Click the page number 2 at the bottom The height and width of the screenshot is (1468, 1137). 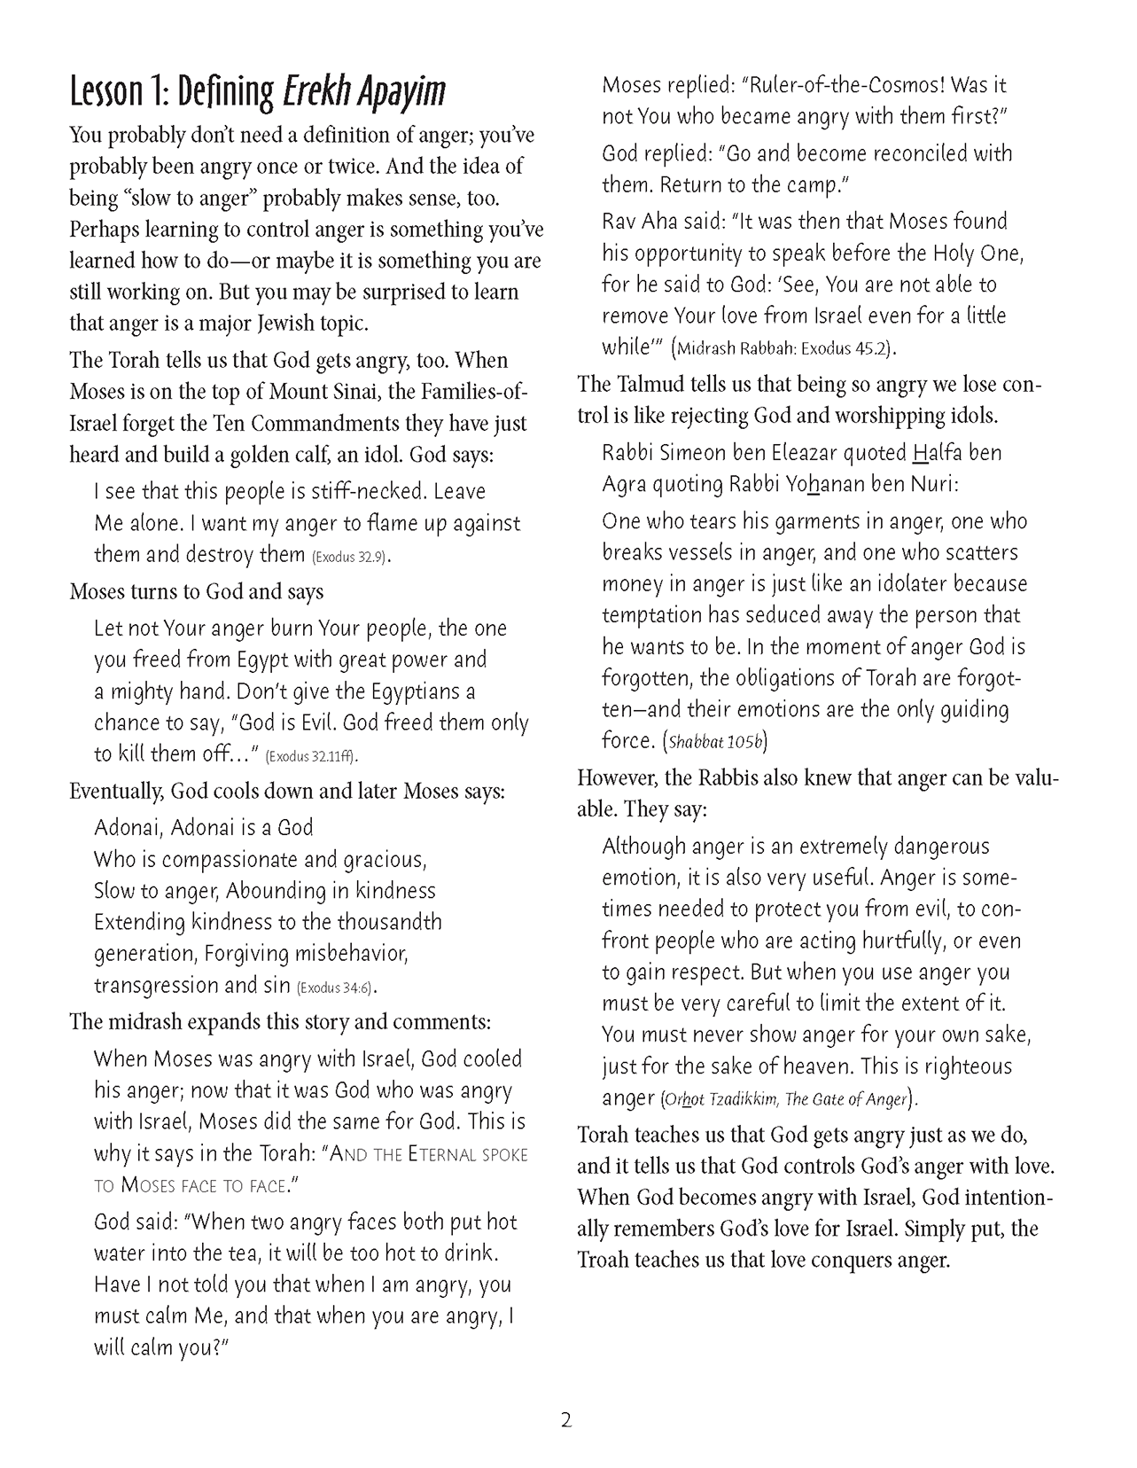pos(566,1421)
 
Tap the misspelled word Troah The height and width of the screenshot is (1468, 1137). pos(604,1260)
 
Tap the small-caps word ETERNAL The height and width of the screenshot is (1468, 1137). pos(434,1154)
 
